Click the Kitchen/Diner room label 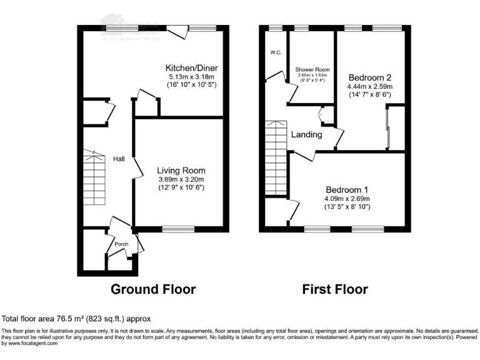(191, 67)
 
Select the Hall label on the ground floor (118, 159)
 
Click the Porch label (121, 244)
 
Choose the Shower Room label (312, 70)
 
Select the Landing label (306, 134)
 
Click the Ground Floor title (153, 289)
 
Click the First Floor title (335, 289)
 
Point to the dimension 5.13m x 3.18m (191, 76)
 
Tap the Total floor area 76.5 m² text (76, 319)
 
